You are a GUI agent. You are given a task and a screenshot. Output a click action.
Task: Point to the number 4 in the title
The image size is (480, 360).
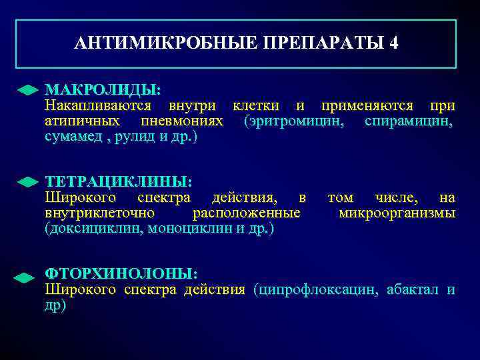[394, 44]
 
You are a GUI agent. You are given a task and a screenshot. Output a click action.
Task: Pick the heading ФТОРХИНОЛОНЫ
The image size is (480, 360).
[121, 274]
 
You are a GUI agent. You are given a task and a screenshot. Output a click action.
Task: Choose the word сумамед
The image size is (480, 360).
[73, 137]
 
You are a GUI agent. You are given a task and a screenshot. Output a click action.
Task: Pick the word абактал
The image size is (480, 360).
[412, 290]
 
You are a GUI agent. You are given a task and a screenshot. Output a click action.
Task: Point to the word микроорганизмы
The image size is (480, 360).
[397, 213]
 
